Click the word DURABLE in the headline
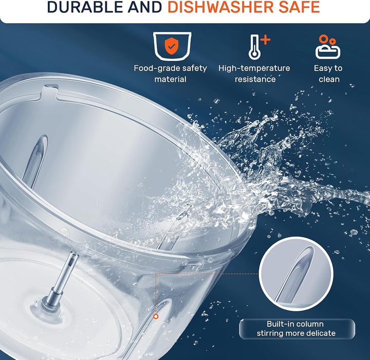pyautogui.click(x=85, y=7)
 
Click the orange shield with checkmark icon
pyautogui.click(x=172, y=46)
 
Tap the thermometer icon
pyautogui.click(x=255, y=47)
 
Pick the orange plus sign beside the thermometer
pyautogui.click(x=266, y=40)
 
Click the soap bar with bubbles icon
pyautogui.click(x=328, y=47)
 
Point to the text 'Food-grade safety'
pyautogui.click(x=171, y=68)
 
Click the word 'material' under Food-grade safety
pyautogui.click(x=171, y=79)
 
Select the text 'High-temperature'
pyautogui.click(x=254, y=68)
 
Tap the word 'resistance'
pyautogui.click(x=255, y=79)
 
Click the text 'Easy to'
pyautogui.click(x=328, y=68)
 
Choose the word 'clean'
pyautogui.click(x=329, y=79)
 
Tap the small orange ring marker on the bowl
pyautogui.click(x=156, y=317)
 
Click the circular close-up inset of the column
pyautogui.click(x=296, y=274)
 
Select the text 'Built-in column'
pyautogui.click(x=295, y=324)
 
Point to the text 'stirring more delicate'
pyautogui.click(x=296, y=333)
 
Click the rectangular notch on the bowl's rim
pyautogui.click(x=50, y=91)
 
